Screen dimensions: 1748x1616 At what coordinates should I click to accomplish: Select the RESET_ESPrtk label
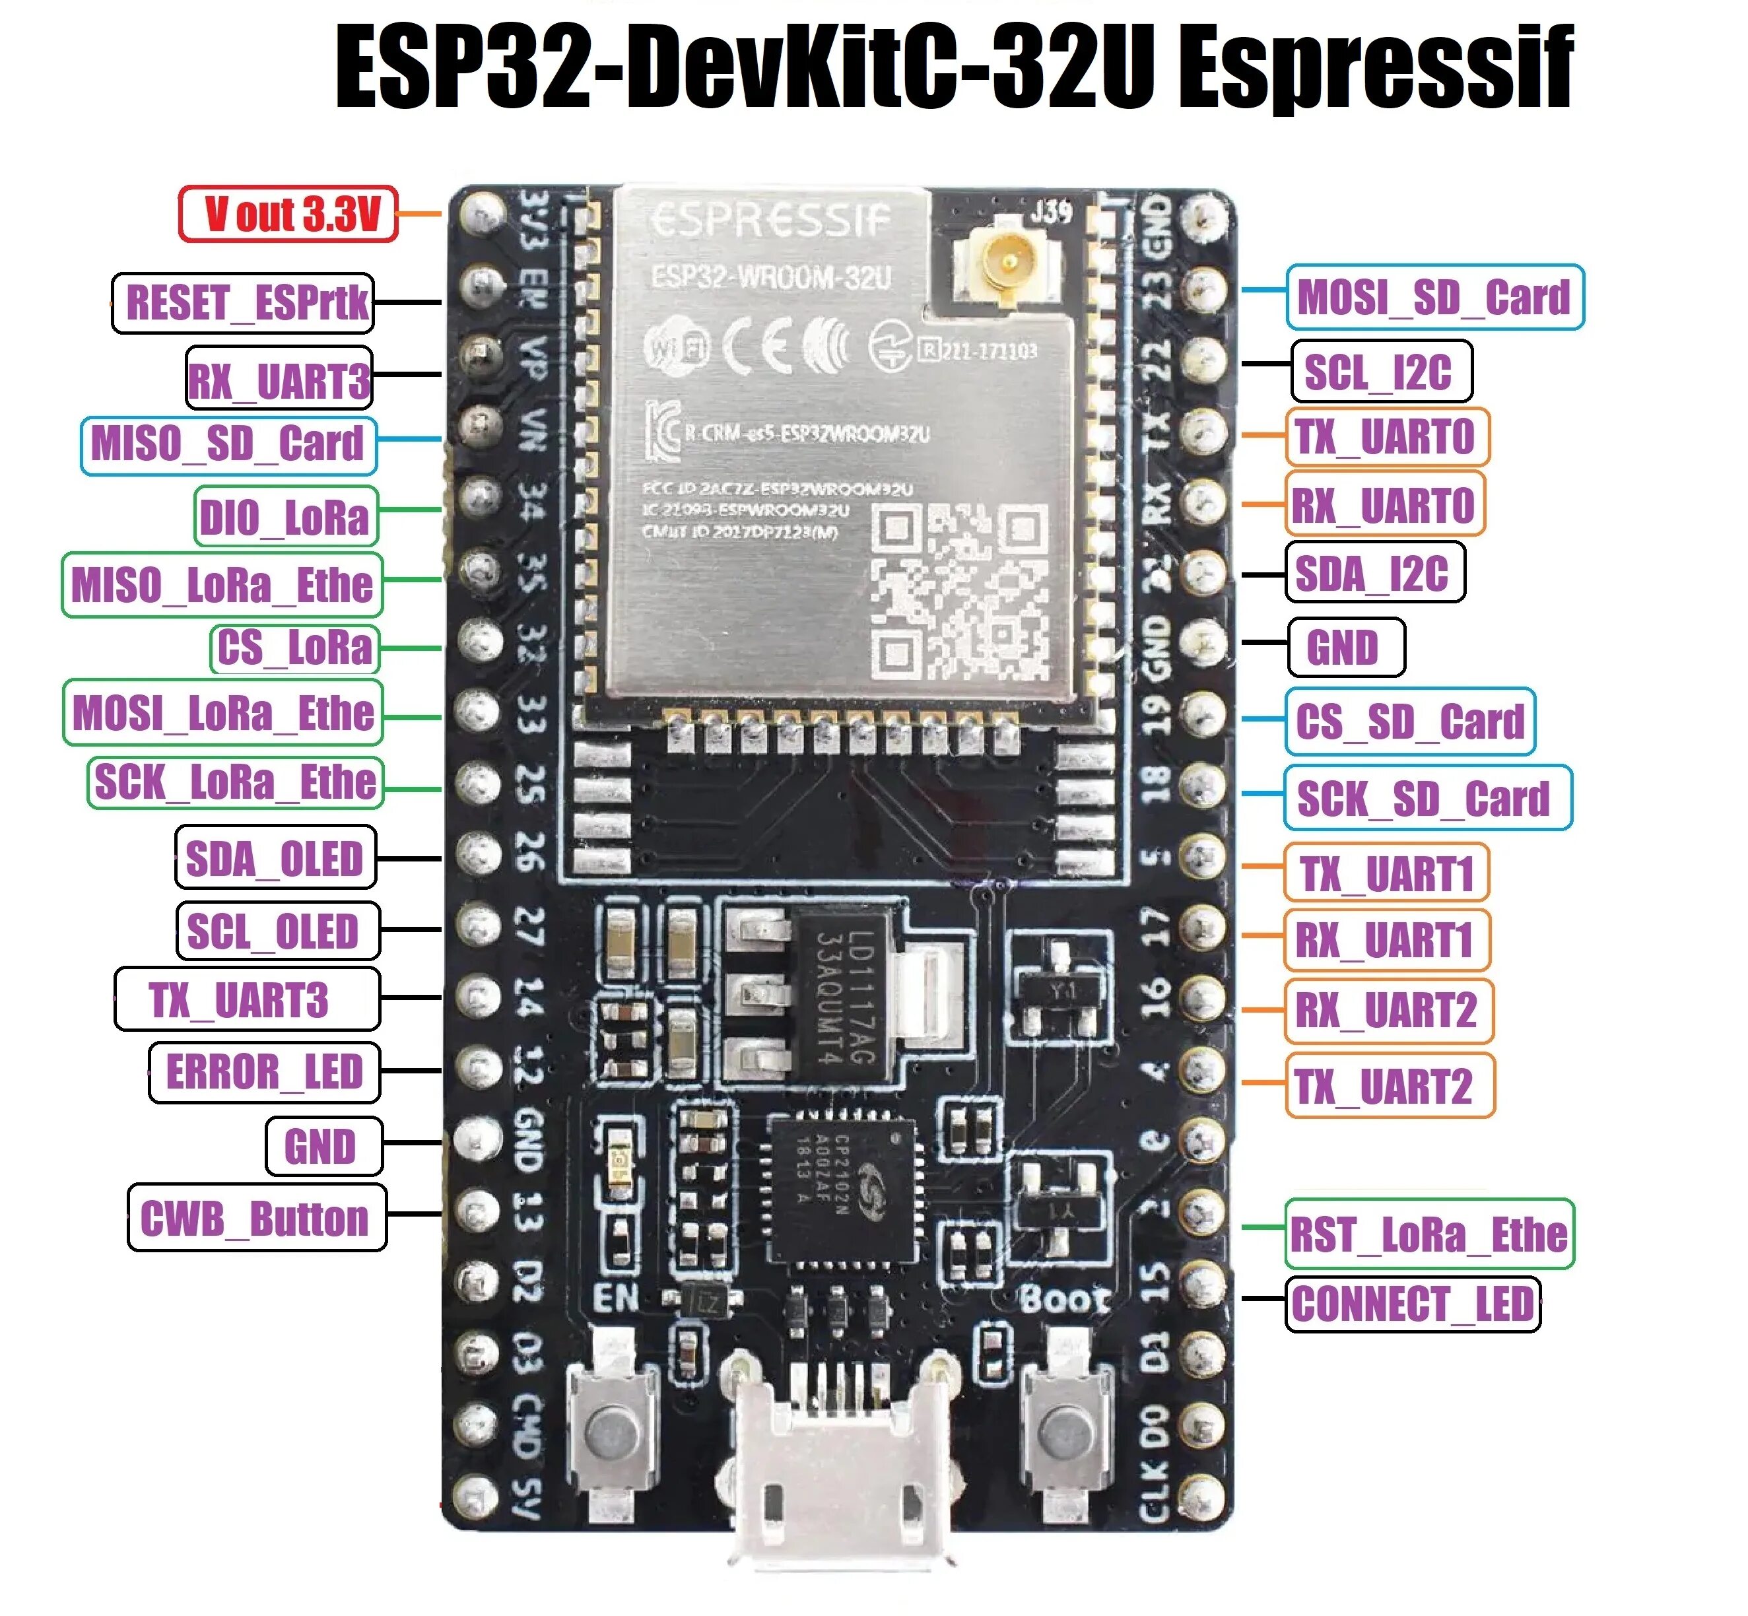(x=243, y=302)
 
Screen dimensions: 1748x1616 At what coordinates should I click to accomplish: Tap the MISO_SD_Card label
(x=228, y=444)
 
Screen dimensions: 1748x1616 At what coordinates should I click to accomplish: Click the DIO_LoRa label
(x=285, y=517)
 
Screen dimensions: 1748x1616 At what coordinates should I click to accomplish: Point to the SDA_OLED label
(x=275, y=858)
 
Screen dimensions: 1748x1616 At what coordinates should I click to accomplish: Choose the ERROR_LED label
(x=264, y=1071)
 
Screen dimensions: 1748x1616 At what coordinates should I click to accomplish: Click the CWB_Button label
(x=256, y=1217)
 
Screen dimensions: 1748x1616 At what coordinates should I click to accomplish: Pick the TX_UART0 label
(x=1386, y=436)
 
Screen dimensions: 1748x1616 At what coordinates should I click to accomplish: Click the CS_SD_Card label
(x=1409, y=722)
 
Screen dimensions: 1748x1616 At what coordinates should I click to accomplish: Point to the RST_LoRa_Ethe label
(x=1429, y=1234)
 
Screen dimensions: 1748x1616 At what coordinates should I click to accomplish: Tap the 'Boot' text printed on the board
(x=1064, y=1299)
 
